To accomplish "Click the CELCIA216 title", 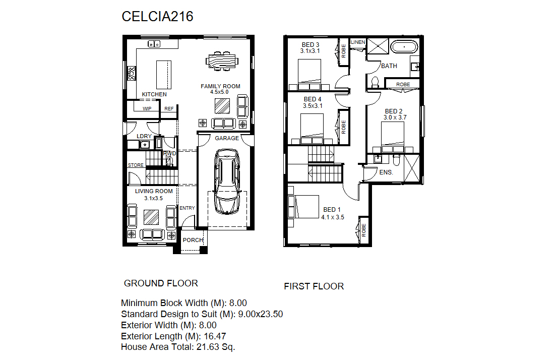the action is pos(157,16).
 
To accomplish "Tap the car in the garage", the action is pos(227,182).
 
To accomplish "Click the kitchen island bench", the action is pos(164,75).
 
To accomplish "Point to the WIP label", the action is pos(147,108).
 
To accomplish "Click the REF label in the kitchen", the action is pos(169,108).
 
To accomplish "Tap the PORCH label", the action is pos(193,240).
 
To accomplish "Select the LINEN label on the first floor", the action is pos(358,42).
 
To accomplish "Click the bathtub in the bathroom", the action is pos(404,47).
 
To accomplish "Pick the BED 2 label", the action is pos(394,111).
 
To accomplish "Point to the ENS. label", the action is pos(386,172).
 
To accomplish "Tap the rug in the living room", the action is pos(151,217).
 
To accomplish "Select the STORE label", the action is pos(136,165).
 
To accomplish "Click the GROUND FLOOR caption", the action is pos(161,283).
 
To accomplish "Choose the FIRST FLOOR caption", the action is pos(314,286).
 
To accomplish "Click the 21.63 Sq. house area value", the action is pos(216,347).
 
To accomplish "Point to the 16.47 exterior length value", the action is pos(215,336).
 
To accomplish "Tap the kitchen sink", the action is pos(154,44).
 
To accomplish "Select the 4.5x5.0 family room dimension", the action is pos(219,92).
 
